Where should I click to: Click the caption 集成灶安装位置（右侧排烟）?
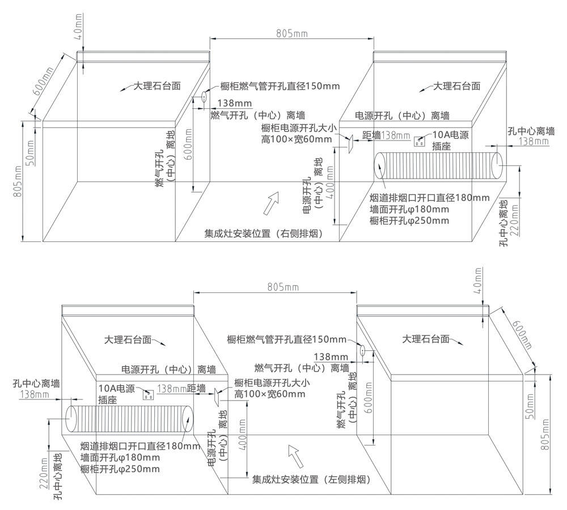click(x=264, y=233)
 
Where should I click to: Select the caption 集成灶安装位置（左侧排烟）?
click(x=311, y=479)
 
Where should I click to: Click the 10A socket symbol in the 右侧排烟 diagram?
click(x=420, y=141)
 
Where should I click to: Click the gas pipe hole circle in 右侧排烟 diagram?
click(x=201, y=98)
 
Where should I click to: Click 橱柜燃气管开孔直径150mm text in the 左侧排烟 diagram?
click(x=286, y=339)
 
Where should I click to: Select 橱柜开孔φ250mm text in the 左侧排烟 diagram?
click(x=120, y=469)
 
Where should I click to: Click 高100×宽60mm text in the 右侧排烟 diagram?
click(x=297, y=139)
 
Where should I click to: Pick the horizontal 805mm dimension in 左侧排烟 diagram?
click(x=276, y=287)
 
